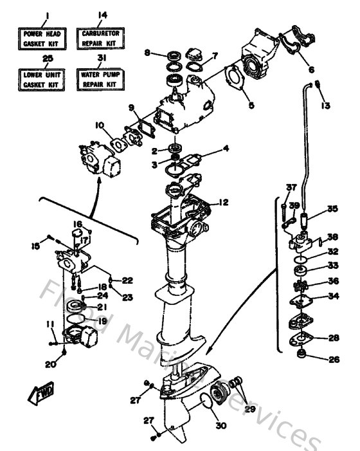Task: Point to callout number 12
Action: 223,202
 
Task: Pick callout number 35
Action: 332,208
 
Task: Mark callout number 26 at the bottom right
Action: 333,360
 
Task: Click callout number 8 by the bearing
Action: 147,53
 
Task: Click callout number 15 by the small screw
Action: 36,246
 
